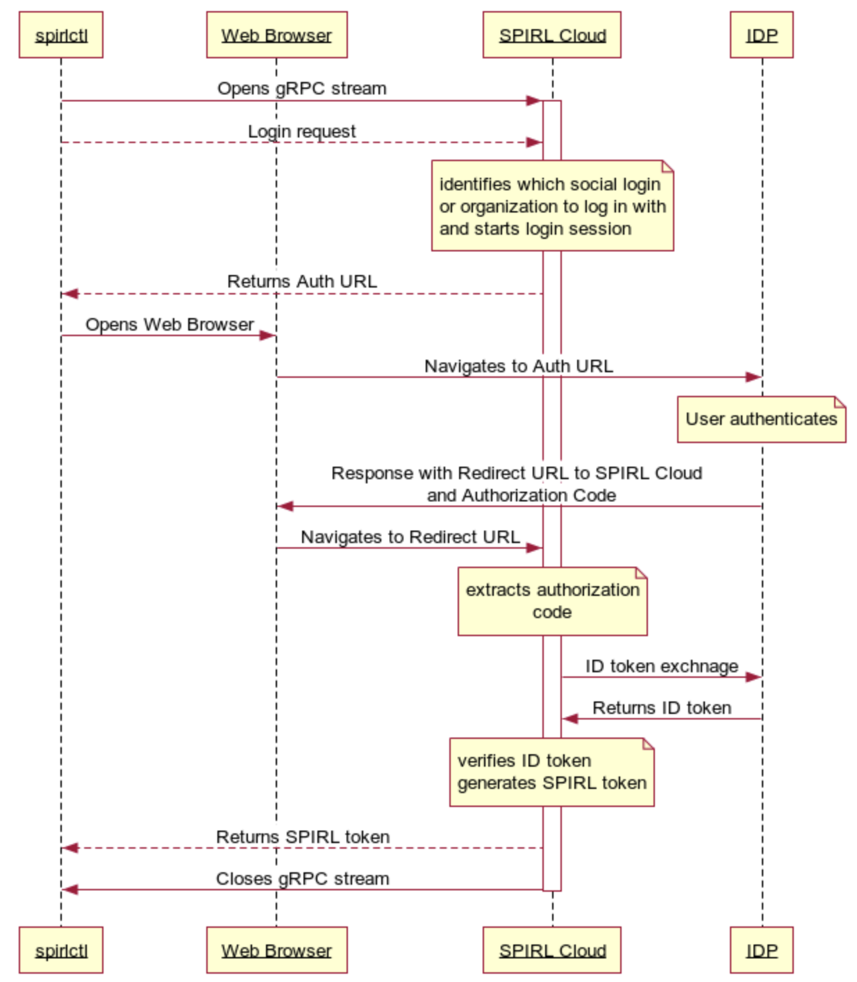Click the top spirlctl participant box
pos(60,35)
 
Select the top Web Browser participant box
pos(276,35)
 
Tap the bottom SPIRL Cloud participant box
pos(552,949)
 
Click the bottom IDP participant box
pos(761,949)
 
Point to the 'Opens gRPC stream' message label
pos(301,89)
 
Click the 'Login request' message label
pos(301,131)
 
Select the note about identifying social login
pos(552,206)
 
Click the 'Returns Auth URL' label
pos(301,281)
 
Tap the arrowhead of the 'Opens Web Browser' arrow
pos(268,335)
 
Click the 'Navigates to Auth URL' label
pos(518,366)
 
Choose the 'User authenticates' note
pos(761,419)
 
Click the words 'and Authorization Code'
pos(521,495)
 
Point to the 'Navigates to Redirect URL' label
pos(410,537)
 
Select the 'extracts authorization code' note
pos(552,601)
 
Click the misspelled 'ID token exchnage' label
pos(661,666)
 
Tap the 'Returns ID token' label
pos(661,708)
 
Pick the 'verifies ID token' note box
pos(552,772)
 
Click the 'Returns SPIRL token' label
pos(302,837)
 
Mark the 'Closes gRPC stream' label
pos(302,879)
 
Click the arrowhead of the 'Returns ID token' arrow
pos(569,719)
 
